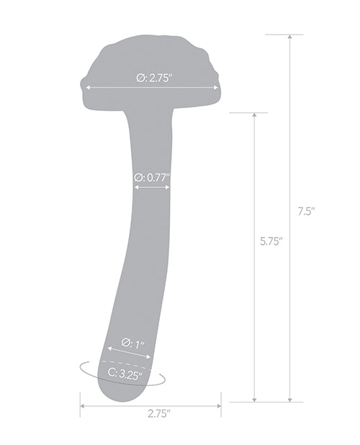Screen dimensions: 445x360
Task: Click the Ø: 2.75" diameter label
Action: [152, 78]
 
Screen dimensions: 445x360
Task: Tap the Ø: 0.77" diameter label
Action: [152, 176]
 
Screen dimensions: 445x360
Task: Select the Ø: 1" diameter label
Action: [134, 343]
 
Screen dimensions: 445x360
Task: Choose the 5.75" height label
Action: [271, 242]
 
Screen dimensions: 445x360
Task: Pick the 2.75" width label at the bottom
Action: [158, 414]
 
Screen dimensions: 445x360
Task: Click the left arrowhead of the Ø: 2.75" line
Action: [87, 89]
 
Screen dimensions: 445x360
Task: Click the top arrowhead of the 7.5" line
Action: [289, 37]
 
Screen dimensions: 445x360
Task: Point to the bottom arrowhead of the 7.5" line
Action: [289, 399]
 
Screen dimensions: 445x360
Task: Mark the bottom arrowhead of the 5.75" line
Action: [254, 399]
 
